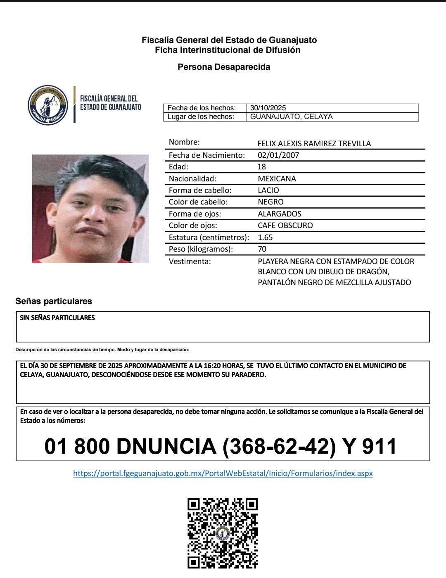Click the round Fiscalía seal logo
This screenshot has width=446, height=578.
click(48, 105)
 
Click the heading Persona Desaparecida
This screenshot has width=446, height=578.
click(224, 67)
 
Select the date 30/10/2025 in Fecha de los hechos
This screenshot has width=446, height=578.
click(268, 108)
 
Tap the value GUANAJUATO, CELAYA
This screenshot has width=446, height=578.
click(291, 117)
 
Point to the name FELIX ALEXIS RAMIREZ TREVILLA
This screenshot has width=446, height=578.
click(314, 144)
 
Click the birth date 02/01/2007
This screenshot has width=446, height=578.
click(278, 155)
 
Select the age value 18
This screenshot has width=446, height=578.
click(262, 167)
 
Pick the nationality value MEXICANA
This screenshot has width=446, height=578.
click(277, 179)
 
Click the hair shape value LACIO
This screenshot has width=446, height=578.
click(268, 190)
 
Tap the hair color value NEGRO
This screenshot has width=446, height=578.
click(270, 202)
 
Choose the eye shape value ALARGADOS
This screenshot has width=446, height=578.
click(280, 214)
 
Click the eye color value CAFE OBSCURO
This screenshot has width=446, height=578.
click(285, 226)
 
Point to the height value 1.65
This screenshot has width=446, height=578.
click(265, 238)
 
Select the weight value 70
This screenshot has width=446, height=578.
click(262, 249)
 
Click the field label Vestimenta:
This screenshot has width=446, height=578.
click(190, 262)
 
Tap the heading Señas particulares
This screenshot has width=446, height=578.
click(54, 301)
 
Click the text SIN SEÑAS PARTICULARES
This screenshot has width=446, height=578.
click(57, 318)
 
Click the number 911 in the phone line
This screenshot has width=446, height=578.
click(379, 446)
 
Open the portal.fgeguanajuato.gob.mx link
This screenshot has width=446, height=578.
click(223, 473)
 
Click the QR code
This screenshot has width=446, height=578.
click(223, 533)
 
